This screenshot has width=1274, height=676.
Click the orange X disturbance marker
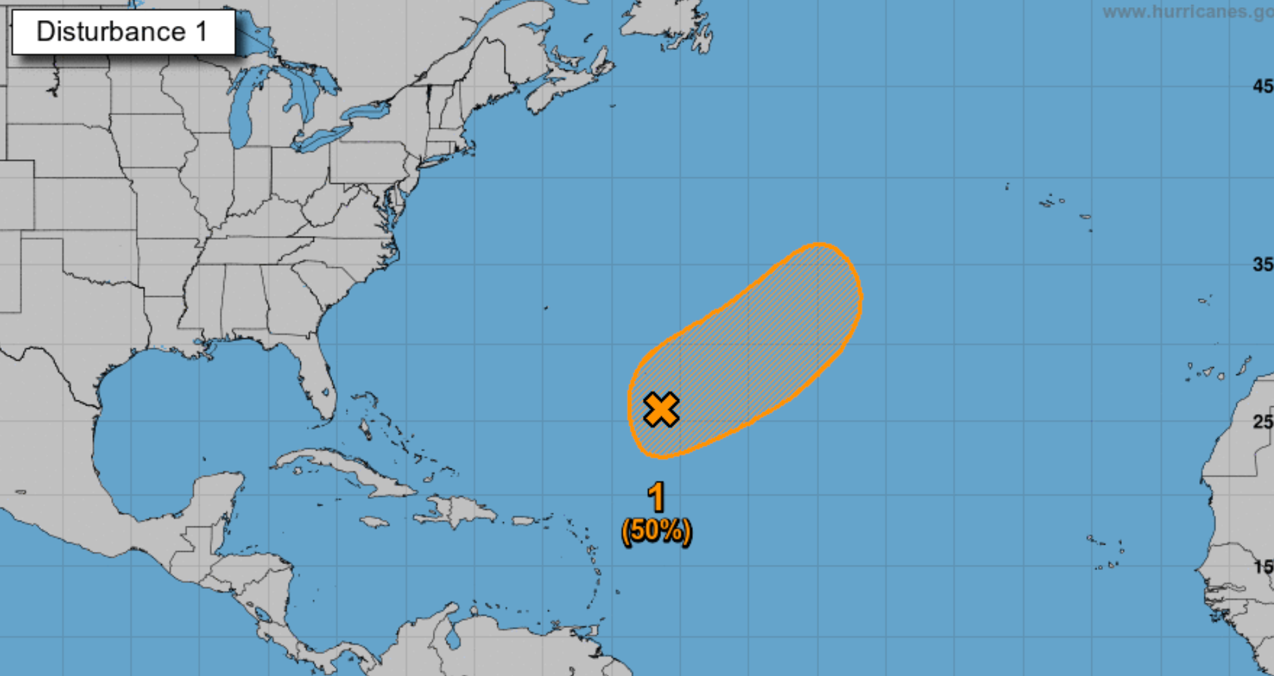click(x=661, y=409)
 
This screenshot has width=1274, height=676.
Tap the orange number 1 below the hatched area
click(x=656, y=498)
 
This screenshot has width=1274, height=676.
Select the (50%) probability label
click(x=656, y=531)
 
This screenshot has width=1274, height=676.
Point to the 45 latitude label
click(x=1262, y=86)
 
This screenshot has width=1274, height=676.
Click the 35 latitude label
click(x=1262, y=265)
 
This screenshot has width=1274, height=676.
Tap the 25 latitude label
click(x=1262, y=422)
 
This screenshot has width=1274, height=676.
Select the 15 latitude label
click(x=1262, y=567)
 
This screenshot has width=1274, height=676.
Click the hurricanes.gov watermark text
click(x=1187, y=12)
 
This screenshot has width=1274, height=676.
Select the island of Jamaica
click(x=374, y=522)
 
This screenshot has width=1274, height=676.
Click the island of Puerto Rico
click(x=523, y=521)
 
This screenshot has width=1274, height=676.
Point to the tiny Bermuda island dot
click(x=546, y=307)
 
